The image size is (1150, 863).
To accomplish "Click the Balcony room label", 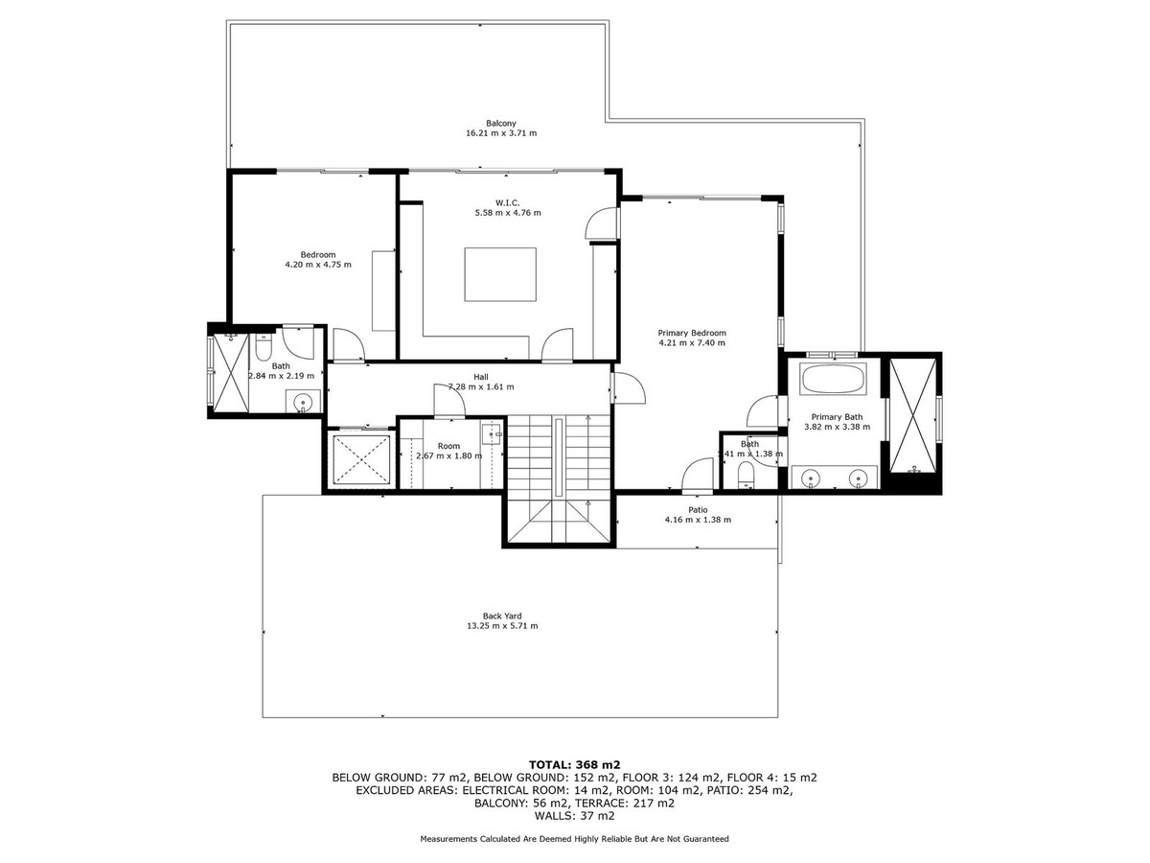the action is click(x=501, y=123).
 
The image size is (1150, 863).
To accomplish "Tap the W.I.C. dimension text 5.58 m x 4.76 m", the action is click(x=508, y=213).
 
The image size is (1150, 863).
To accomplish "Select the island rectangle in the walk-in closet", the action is click(x=500, y=274).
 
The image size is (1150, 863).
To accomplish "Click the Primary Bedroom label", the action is click(x=692, y=333).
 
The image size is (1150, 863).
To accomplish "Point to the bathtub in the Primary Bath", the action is click(x=833, y=379).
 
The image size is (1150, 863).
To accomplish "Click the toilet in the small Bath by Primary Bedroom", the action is click(x=745, y=475).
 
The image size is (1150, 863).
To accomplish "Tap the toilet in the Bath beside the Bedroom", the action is click(x=263, y=348).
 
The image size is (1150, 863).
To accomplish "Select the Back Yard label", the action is click(x=502, y=616).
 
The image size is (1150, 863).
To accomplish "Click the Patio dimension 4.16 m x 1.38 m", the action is click(x=698, y=520).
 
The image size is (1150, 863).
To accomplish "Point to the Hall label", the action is click(x=481, y=377).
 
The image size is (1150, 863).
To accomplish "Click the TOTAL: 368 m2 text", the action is click(x=575, y=764).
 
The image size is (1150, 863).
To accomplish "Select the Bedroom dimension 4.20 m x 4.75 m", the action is click(x=318, y=265).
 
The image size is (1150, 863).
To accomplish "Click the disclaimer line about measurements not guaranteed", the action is click(x=574, y=839).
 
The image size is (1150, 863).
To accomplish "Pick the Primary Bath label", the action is click(x=837, y=417).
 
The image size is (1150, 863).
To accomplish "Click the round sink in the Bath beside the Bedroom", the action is click(x=303, y=403).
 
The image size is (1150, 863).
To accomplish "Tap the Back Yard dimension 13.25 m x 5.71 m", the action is click(x=502, y=625).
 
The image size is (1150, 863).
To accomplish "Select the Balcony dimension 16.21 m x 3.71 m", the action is click(x=501, y=133).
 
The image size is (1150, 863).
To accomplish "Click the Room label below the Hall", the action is click(x=448, y=446).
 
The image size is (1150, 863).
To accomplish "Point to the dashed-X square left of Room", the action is click(x=361, y=459).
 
